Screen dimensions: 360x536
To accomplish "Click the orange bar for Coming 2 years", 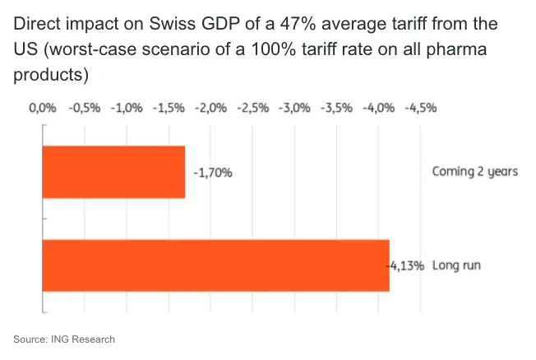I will [x=113, y=172].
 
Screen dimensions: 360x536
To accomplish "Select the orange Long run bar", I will [x=215, y=265].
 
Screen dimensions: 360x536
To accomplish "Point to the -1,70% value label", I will [x=213, y=173].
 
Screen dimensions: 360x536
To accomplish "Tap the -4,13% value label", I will [x=405, y=265].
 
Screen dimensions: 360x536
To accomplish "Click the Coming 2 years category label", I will [x=475, y=172].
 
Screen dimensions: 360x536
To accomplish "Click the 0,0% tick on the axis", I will [x=42, y=107].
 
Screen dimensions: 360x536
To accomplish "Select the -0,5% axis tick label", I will [x=83, y=107].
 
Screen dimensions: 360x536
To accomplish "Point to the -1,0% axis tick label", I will [x=126, y=107].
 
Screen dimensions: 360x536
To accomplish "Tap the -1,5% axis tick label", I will [x=168, y=107].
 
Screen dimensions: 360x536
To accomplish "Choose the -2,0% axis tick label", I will [x=210, y=107].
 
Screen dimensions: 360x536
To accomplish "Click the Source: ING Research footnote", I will [x=64, y=339].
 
